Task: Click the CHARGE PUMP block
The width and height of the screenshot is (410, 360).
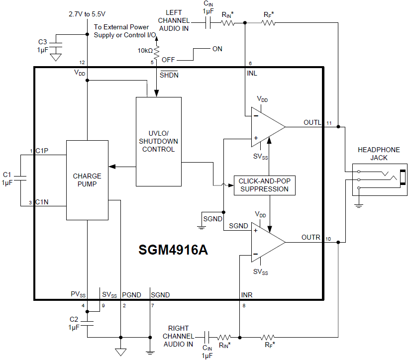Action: coord(87,180)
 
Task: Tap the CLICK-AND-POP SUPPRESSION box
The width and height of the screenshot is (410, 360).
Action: coord(263,185)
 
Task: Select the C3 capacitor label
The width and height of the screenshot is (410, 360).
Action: coord(42,42)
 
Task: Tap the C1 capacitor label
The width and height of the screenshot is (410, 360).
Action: coord(7,175)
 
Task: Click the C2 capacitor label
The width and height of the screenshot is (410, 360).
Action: coord(74,319)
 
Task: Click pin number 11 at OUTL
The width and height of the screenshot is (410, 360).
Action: coord(329,122)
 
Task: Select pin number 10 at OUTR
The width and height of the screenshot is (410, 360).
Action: coord(328,239)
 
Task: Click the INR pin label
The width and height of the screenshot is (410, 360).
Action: coord(247,295)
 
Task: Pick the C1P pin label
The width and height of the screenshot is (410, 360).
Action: coord(42,151)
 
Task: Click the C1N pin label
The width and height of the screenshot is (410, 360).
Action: coord(42,202)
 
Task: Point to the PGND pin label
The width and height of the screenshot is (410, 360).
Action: coord(131,295)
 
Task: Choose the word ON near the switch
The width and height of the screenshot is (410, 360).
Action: coord(217,49)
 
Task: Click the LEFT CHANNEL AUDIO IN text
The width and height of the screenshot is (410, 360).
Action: coord(174,20)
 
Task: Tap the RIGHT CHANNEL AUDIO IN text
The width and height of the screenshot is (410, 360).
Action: coord(178,336)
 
